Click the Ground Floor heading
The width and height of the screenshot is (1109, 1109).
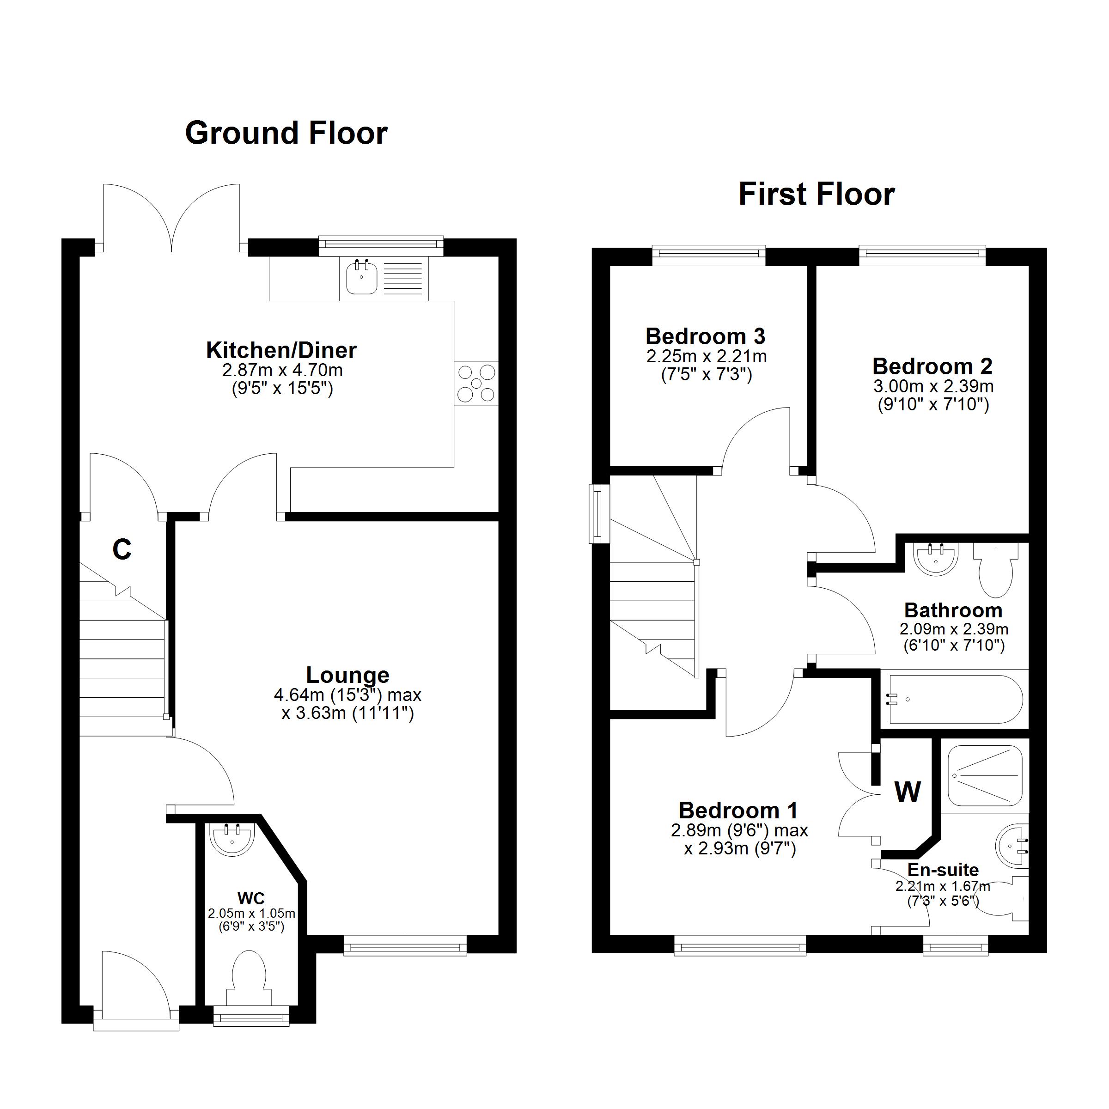click(x=286, y=133)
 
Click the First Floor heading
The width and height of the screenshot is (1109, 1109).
click(x=816, y=194)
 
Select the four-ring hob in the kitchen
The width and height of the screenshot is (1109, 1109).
click(x=476, y=384)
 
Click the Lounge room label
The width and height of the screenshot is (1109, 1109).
click(x=347, y=675)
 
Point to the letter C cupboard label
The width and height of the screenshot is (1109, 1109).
click(x=122, y=550)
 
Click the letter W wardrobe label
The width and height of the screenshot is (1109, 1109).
click(x=908, y=793)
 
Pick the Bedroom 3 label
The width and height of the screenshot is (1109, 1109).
click(x=706, y=336)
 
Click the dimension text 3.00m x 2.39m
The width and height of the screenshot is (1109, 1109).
click(x=933, y=386)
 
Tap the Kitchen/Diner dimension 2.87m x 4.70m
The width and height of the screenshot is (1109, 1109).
click(x=282, y=370)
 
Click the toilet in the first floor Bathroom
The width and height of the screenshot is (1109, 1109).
click(x=996, y=571)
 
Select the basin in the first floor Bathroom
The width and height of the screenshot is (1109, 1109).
click(x=936, y=559)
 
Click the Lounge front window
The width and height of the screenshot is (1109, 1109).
click(x=405, y=945)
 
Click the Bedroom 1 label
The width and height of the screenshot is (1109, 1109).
click(x=738, y=810)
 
